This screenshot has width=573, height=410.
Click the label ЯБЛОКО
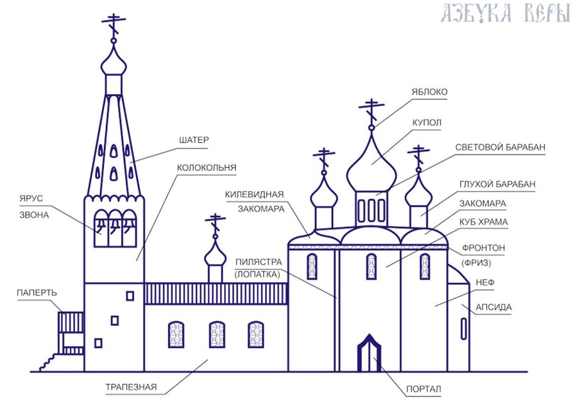[429, 92]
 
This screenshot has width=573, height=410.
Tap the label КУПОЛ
[426, 122]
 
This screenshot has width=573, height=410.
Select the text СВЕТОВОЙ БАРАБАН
[500, 147]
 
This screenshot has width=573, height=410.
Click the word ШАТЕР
[193, 139]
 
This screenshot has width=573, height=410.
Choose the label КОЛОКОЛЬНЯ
[207, 168]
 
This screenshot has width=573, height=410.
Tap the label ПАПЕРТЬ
[37, 293]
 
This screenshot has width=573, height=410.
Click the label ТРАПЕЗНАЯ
[131, 387]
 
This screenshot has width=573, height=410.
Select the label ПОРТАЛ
[423, 390]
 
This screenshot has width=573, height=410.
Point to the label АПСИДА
[494, 307]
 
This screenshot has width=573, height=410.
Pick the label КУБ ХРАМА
[484, 222]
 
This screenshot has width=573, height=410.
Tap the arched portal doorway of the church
[370, 355]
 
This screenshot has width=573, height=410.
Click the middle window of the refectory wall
[217, 334]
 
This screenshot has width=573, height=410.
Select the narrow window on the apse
[464, 329]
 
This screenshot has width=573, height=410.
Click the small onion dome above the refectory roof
[216, 253]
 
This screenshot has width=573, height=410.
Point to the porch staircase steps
[45, 362]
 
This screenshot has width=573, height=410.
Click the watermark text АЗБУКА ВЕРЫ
[505, 14]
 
